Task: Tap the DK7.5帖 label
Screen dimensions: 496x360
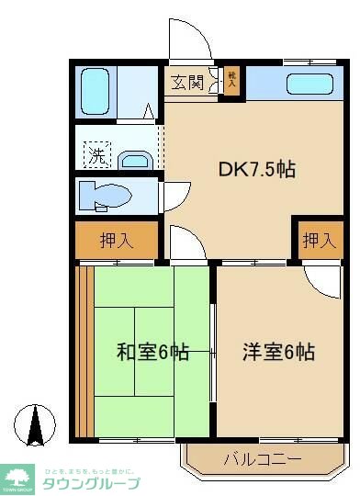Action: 256,169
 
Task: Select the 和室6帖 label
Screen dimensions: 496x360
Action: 152,351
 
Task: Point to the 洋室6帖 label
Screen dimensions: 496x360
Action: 278,351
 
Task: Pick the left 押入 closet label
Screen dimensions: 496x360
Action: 117,242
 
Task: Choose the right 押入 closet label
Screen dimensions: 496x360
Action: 318,241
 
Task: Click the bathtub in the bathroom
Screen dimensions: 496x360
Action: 95,89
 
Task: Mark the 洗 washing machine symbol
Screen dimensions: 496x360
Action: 96,155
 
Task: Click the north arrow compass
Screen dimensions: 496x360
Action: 37,423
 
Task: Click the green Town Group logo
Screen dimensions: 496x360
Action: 17,479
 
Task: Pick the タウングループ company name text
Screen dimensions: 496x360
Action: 92,483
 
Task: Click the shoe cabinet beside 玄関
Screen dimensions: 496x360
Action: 231,80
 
